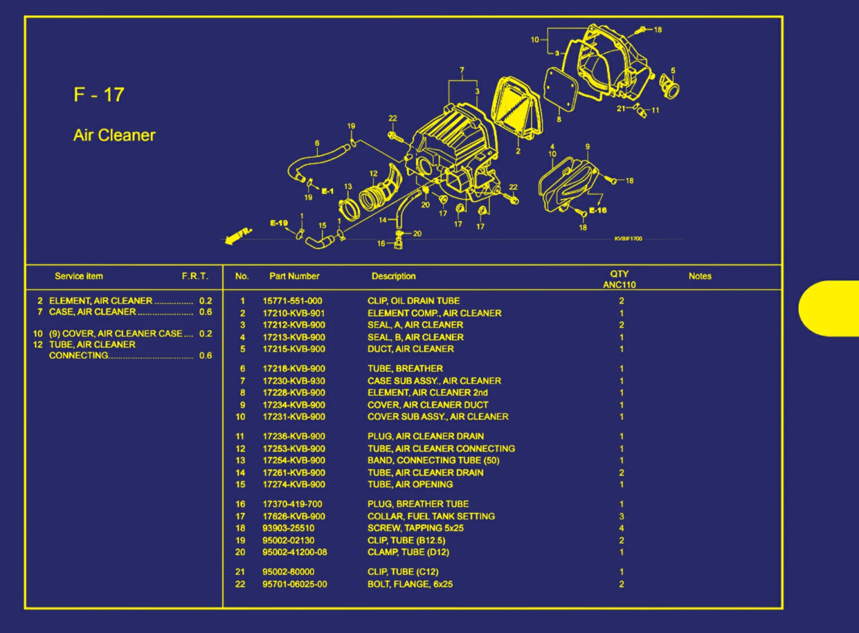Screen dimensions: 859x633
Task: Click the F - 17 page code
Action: (98, 95)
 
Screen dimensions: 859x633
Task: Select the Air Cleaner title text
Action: (114, 135)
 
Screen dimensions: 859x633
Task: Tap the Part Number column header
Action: (294, 276)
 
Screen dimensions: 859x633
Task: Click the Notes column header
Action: (700, 276)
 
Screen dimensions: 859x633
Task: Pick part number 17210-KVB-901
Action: (294, 313)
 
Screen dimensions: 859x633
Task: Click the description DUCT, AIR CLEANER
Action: (411, 349)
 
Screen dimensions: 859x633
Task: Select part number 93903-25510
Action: (288, 529)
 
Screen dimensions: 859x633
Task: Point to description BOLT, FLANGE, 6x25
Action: (410, 584)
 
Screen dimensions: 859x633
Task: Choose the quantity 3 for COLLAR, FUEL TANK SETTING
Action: (622, 517)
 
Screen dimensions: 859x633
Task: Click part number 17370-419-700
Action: (292, 504)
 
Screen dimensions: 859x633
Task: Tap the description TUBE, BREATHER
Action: (405, 368)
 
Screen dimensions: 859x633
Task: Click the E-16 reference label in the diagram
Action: (598, 211)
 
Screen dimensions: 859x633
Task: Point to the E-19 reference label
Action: (279, 223)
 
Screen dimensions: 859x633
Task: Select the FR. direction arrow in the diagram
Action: (238, 236)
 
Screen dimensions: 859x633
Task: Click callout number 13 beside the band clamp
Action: (348, 186)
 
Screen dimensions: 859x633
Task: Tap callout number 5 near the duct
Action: (673, 71)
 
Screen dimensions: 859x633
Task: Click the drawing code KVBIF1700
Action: (628, 239)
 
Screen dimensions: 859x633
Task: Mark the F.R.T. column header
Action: (195, 276)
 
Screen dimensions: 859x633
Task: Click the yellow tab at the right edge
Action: (829, 308)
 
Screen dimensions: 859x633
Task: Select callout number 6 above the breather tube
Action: (317, 143)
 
